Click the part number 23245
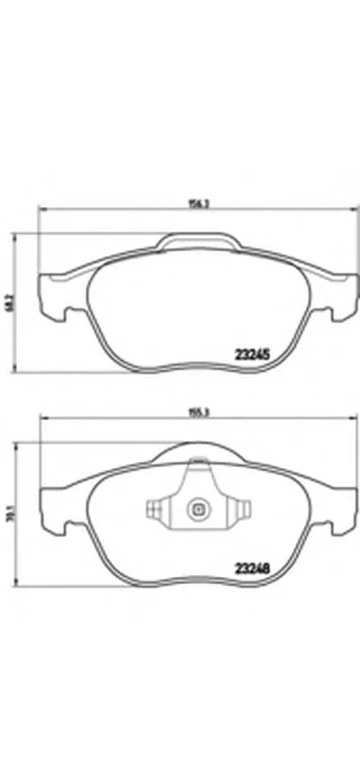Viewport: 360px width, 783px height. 254,355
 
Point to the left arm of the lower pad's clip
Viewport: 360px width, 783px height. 156,510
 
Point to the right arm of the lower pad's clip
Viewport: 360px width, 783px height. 239,510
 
